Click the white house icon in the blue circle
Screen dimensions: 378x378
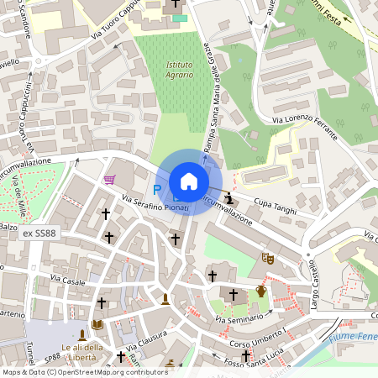(x=189, y=181)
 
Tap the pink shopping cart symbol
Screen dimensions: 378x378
(x=109, y=179)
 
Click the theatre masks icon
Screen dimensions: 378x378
(x=268, y=259)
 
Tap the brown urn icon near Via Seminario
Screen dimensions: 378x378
(x=261, y=291)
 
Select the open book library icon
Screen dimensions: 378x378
(x=97, y=323)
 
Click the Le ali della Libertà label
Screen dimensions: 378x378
(x=82, y=353)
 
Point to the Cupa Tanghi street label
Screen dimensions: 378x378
(x=276, y=206)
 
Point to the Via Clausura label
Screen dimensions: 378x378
(x=147, y=340)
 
